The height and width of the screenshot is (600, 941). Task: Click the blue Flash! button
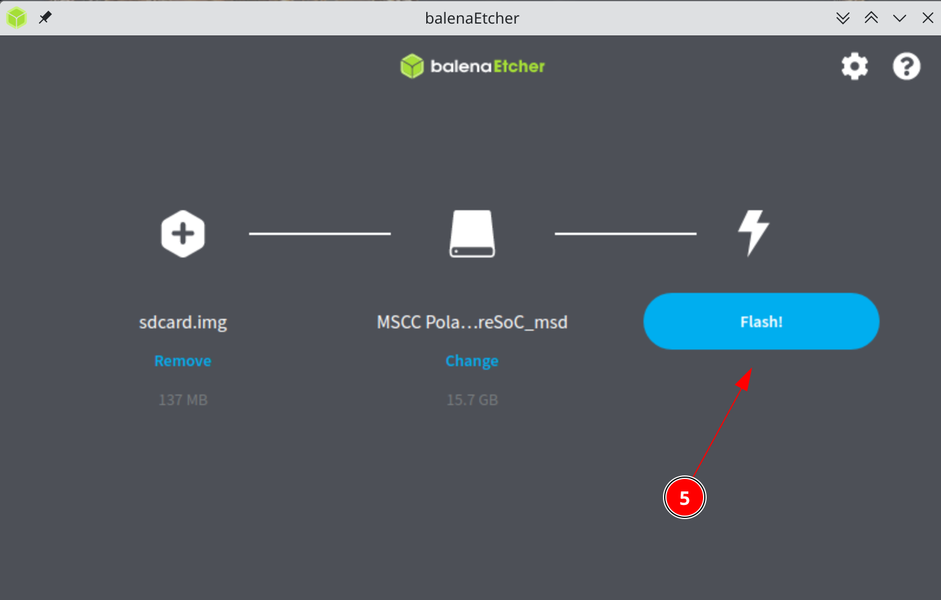(761, 321)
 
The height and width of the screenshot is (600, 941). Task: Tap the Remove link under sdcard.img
(183, 361)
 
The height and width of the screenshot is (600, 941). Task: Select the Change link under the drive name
(472, 361)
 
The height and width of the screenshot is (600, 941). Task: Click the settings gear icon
(854, 66)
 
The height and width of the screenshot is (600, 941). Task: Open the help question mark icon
(906, 66)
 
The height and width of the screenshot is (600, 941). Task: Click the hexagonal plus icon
(183, 234)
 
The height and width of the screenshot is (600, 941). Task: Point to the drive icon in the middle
(472, 234)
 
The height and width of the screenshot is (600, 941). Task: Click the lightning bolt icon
(754, 233)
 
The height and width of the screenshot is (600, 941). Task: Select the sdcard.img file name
(183, 322)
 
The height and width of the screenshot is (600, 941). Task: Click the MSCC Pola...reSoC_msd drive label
(472, 322)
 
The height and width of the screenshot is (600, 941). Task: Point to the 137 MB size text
(183, 400)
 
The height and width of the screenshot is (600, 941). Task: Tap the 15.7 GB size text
(472, 400)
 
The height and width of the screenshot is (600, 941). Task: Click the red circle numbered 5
(684, 498)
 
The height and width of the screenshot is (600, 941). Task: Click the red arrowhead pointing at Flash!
(744, 379)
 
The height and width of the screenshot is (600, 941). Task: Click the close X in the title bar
(927, 18)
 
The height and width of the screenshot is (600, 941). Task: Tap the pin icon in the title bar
(45, 18)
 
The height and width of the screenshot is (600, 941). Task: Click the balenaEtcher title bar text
(472, 18)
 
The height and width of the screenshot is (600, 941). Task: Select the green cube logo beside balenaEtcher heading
(412, 66)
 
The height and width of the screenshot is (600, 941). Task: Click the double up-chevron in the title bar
(871, 18)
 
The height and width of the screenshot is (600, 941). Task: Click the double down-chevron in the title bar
(842, 18)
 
